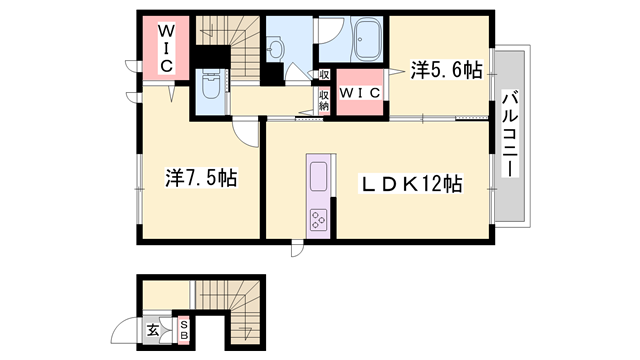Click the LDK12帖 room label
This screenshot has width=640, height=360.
click(x=410, y=184)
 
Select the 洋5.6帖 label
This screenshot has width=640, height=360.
click(x=447, y=70)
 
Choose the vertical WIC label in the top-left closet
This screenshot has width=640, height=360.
click(x=165, y=46)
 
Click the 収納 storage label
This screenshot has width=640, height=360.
click(x=325, y=100)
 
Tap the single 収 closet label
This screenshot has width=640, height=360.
click(x=325, y=75)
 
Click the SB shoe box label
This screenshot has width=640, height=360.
click(x=185, y=330)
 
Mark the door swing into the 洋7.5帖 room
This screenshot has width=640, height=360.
click(x=246, y=132)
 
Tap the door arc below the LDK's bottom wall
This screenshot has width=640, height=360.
click(x=298, y=248)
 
